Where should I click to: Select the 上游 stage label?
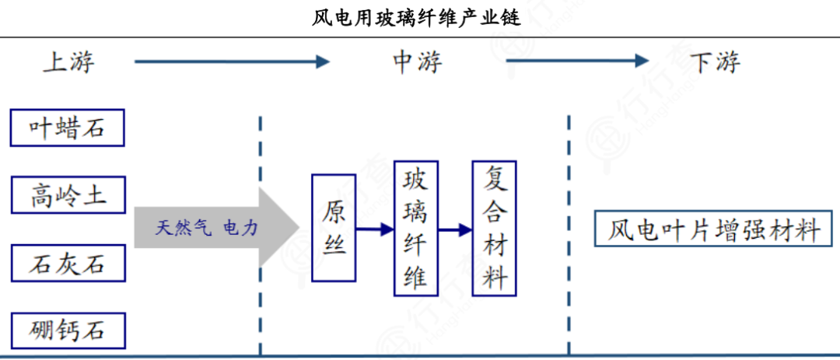click(68, 62)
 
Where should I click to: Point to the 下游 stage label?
click(715, 62)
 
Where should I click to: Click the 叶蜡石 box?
click(68, 128)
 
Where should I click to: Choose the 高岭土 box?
click(68, 194)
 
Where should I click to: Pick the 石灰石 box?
click(68, 263)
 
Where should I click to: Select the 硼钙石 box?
click(68, 330)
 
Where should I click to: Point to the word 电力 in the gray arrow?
click(240, 228)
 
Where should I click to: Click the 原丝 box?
click(334, 228)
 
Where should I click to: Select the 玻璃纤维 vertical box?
click(415, 229)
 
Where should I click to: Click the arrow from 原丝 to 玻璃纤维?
click(375, 229)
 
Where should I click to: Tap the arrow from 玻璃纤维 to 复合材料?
click(455, 229)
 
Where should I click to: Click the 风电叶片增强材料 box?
click(713, 229)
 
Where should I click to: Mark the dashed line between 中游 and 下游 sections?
click(569, 233)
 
